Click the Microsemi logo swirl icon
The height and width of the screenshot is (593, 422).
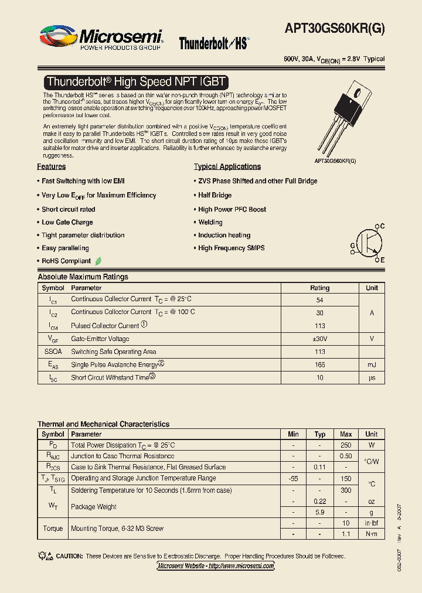[x=58, y=36]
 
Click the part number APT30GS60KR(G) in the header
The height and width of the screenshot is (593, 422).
[x=335, y=28]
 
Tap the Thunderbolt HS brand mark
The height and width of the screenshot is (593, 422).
[x=214, y=43]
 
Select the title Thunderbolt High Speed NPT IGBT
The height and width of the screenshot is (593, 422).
[x=136, y=82]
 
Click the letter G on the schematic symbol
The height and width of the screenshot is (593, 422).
[x=353, y=245]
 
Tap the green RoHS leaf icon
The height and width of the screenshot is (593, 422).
[x=98, y=261]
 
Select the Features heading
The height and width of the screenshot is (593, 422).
[x=52, y=167]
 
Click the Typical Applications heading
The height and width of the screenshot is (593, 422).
[x=227, y=167]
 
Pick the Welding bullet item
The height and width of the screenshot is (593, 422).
[x=210, y=223]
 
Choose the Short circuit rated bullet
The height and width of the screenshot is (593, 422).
[x=68, y=209]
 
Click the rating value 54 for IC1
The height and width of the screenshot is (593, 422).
[x=319, y=300]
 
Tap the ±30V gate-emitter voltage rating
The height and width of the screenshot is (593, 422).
[x=319, y=339]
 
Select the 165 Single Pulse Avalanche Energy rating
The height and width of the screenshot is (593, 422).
[x=319, y=365]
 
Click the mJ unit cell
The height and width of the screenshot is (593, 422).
[x=372, y=365]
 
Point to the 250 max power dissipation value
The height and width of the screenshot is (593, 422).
[x=346, y=445]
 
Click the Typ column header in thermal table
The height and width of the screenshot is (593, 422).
[x=319, y=434]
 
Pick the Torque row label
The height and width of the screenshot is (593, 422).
[x=53, y=529]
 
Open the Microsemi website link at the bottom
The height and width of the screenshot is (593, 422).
[x=216, y=566]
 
